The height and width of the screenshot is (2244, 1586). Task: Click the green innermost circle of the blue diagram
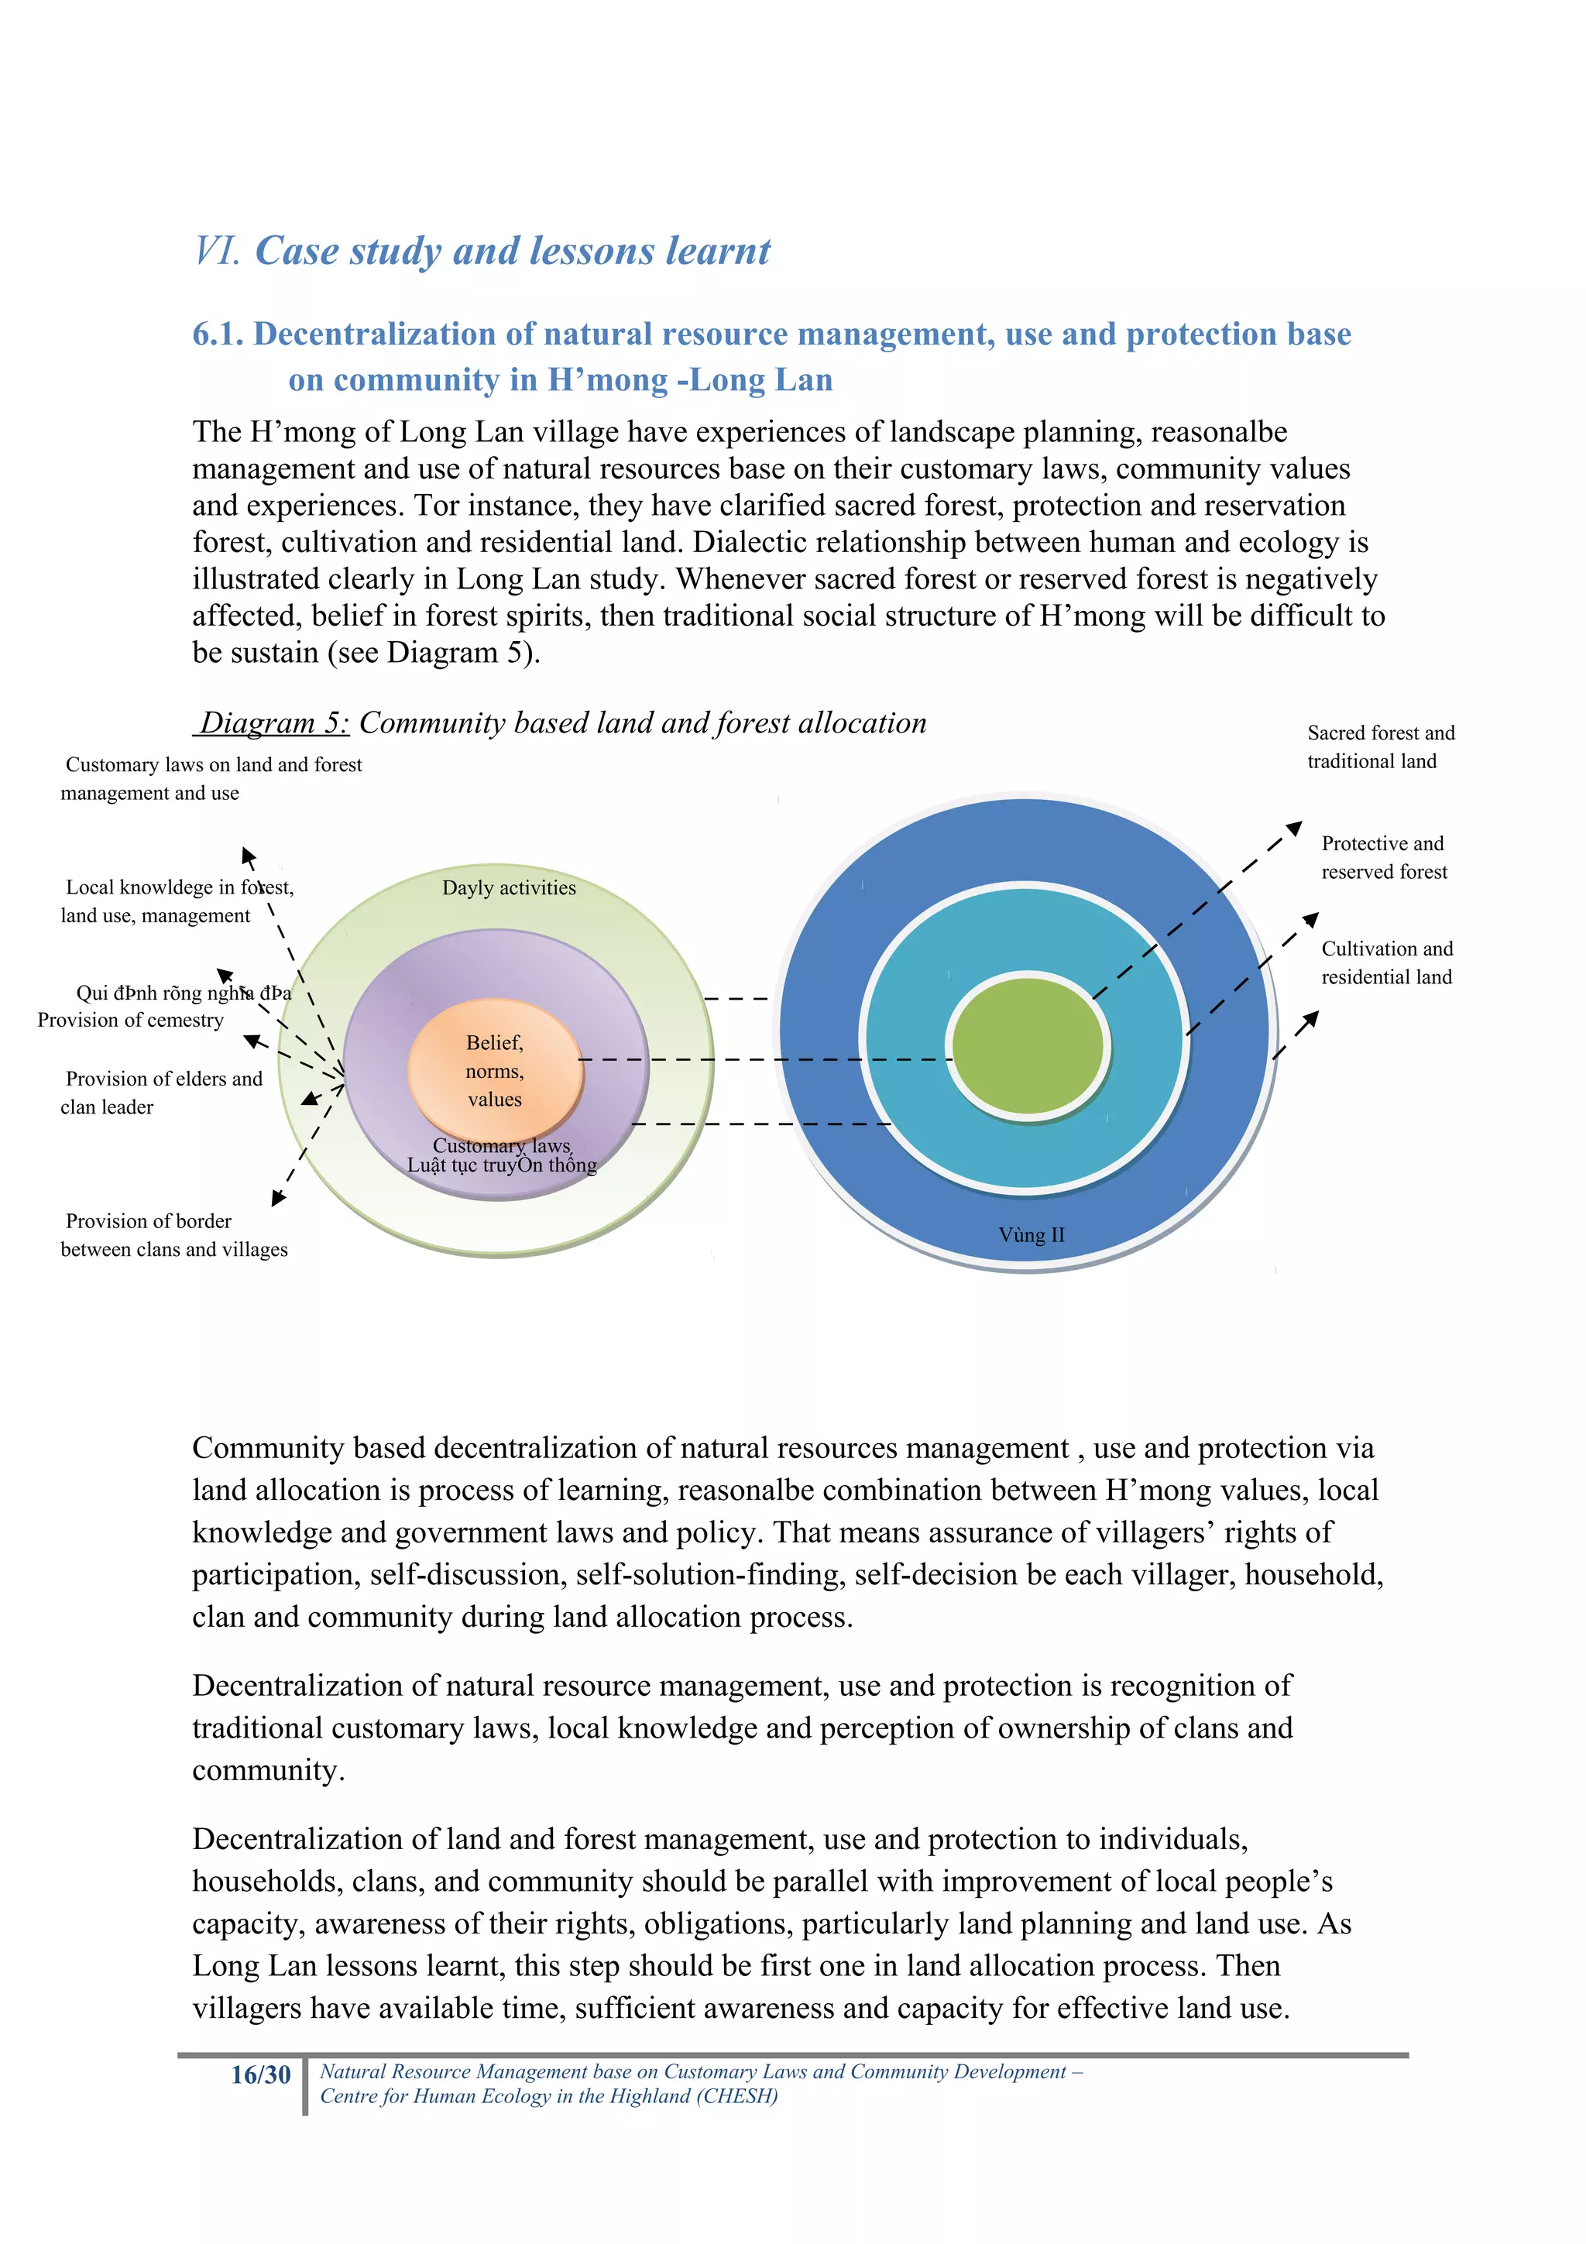coord(1028,1044)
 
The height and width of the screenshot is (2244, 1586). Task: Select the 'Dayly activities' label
coord(508,887)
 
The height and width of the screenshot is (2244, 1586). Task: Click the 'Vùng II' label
coord(1031,1234)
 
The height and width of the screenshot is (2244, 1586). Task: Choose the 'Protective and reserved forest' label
coord(1383,857)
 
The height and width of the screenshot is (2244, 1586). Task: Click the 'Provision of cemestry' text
coord(130,1019)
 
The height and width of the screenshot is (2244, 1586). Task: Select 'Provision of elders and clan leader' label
coord(161,1092)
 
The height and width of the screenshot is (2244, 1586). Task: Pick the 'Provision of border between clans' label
coord(173,1234)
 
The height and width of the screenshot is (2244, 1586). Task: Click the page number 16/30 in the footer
coord(260,2074)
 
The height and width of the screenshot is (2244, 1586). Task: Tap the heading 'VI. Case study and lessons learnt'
coord(482,251)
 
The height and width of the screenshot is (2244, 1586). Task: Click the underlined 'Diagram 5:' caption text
coord(273,723)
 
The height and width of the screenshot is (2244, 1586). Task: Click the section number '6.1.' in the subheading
coord(217,335)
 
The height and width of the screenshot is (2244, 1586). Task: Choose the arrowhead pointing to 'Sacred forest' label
coord(1294,829)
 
